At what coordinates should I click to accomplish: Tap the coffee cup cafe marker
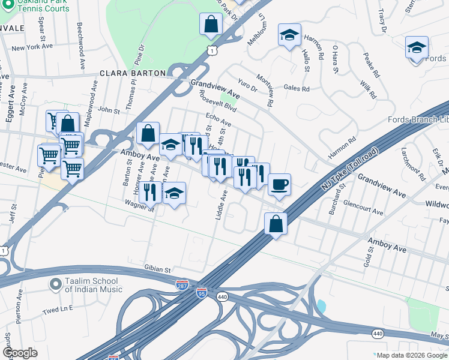tap(279, 185)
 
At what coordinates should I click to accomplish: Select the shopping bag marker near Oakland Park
tap(211, 25)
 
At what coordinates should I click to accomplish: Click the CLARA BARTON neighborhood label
tap(133, 73)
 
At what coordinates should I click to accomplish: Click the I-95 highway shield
tap(201, 292)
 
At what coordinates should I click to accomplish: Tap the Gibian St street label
tap(158, 269)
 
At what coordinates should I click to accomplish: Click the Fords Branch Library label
tap(418, 119)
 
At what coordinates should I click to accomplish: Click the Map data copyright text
tap(411, 355)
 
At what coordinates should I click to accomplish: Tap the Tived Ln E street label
tap(58, 310)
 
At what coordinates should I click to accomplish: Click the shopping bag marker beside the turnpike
tap(276, 224)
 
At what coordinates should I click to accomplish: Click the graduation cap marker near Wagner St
tap(174, 193)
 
